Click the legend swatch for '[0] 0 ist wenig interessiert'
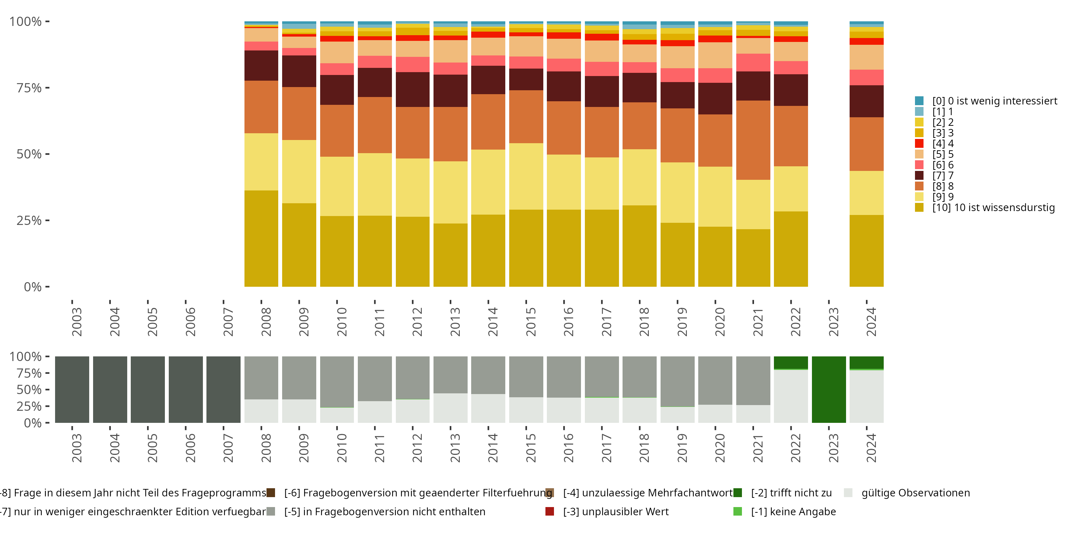(x=919, y=101)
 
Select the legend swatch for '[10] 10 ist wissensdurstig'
(x=919, y=207)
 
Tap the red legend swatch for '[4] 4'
(x=919, y=144)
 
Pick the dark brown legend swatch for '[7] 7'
(x=919, y=176)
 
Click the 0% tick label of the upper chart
(x=33, y=287)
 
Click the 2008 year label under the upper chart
(x=266, y=322)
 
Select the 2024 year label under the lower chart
(x=871, y=448)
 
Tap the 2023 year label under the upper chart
(x=833, y=322)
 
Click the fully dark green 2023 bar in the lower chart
(x=829, y=389)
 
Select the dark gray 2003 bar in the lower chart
(x=72, y=389)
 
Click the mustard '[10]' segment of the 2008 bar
(x=261, y=238)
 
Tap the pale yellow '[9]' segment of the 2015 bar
(x=526, y=176)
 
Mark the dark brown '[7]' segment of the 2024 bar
(x=867, y=101)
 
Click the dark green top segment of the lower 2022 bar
(x=791, y=362)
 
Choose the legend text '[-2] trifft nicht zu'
(x=791, y=493)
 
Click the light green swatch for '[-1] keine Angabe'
(x=737, y=511)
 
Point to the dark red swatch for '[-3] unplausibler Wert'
(x=550, y=511)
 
